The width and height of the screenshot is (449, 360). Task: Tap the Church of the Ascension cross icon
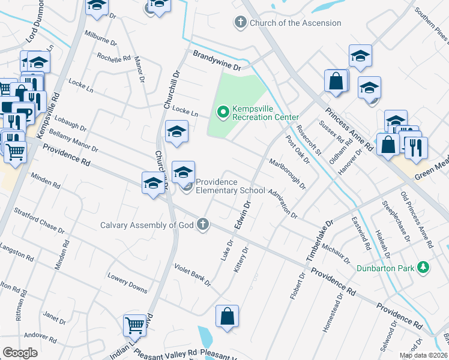click(x=240, y=23)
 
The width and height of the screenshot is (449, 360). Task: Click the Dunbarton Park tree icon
click(x=423, y=268)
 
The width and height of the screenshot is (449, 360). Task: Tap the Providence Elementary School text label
click(x=231, y=186)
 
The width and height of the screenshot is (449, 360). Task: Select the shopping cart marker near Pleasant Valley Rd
click(x=135, y=326)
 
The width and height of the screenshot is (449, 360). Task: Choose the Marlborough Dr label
click(x=288, y=173)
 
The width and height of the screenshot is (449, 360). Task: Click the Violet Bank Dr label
click(x=193, y=274)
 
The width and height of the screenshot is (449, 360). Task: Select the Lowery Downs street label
click(x=127, y=284)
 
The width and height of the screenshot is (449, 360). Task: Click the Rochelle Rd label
click(x=114, y=58)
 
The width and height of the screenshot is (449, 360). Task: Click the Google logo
click(x=19, y=353)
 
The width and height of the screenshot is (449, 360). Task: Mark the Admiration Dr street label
click(x=283, y=203)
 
